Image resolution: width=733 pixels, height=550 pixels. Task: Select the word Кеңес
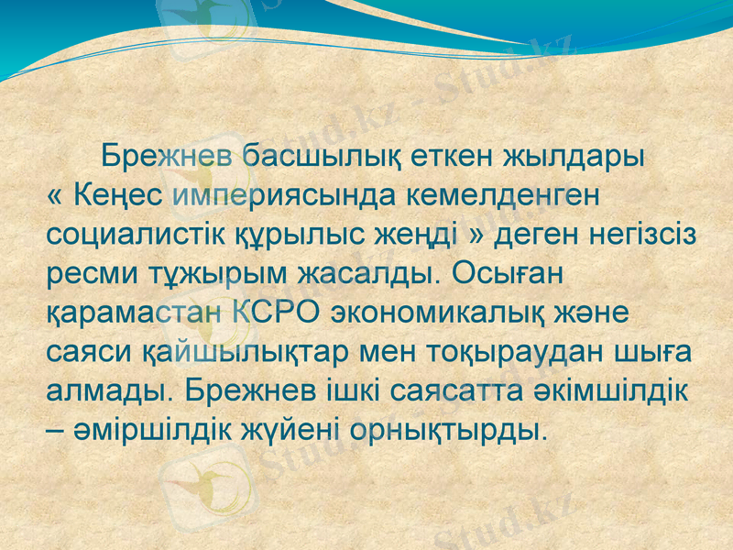point(118,195)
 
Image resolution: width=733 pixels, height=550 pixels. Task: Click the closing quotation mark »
point(476,235)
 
